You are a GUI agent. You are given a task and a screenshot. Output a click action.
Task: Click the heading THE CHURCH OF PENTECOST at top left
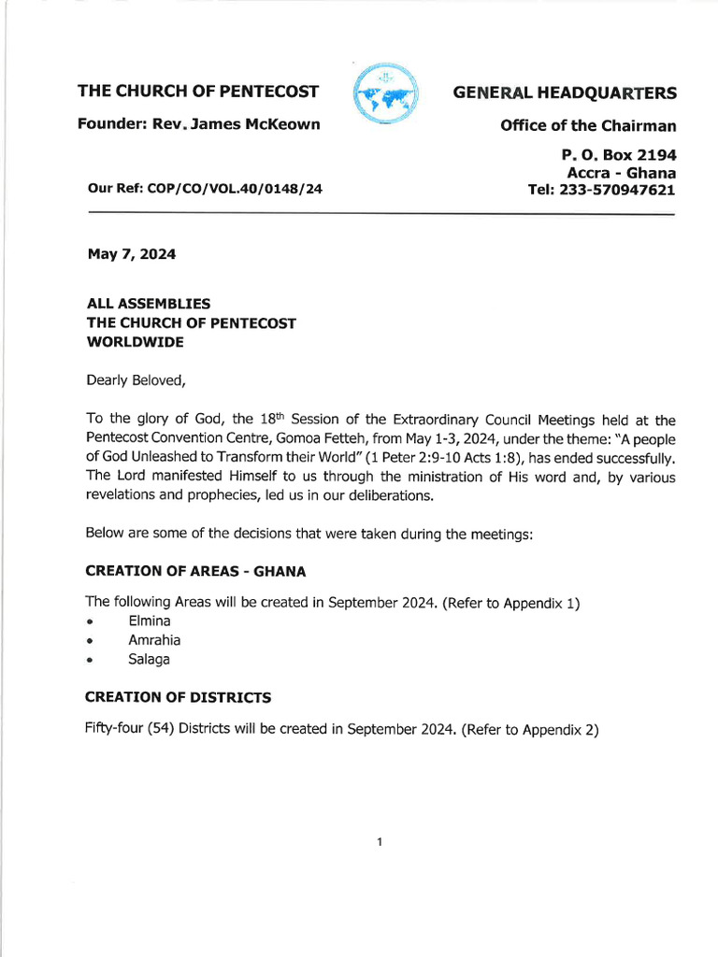(197, 92)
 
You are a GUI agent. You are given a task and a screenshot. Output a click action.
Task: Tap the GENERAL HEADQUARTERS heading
(565, 93)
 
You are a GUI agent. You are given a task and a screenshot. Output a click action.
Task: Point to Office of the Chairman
(588, 125)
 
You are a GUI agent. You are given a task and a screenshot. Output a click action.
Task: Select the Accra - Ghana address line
(621, 173)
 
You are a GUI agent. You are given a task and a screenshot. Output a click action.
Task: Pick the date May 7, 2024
(131, 254)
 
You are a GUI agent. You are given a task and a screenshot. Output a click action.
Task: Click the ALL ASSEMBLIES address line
(148, 304)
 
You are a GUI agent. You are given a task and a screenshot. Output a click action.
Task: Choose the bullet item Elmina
(150, 621)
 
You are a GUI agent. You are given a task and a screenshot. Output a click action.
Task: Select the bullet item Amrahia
(154, 640)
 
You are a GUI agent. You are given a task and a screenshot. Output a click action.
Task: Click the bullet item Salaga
(150, 660)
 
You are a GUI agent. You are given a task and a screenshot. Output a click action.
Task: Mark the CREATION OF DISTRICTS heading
(178, 697)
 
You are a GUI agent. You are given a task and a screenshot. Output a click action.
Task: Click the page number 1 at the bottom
(379, 842)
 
